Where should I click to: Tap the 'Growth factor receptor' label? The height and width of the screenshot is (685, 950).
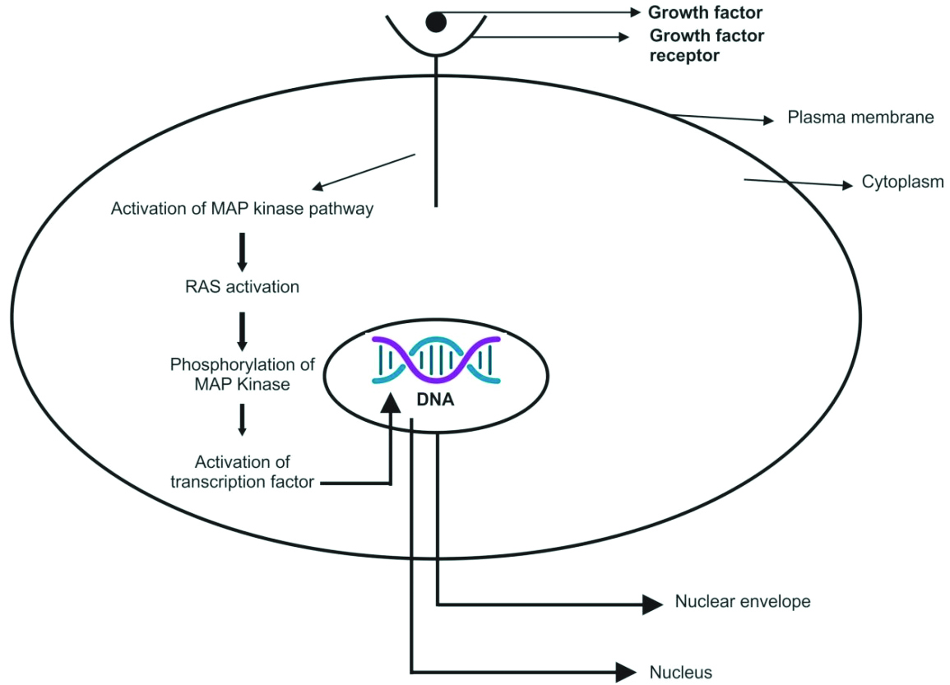point(707,46)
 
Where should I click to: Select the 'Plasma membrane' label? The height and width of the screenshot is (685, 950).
point(860,117)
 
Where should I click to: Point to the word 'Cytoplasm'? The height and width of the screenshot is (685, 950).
point(902,182)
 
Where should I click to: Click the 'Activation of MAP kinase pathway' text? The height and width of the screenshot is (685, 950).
point(242,209)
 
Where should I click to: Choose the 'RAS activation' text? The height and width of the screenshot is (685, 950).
point(242,288)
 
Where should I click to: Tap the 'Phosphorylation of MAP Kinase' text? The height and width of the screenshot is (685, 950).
point(242,373)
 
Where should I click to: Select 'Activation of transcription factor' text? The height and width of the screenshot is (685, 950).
point(242,472)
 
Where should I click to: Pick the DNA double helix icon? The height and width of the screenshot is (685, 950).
point(435,359)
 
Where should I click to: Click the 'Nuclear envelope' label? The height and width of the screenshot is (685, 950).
point(742,601)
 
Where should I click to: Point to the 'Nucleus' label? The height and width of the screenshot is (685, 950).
point(681,672)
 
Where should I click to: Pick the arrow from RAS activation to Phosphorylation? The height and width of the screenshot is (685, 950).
point(242,331)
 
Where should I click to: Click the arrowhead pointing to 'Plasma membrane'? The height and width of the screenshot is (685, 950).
point(769,120)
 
